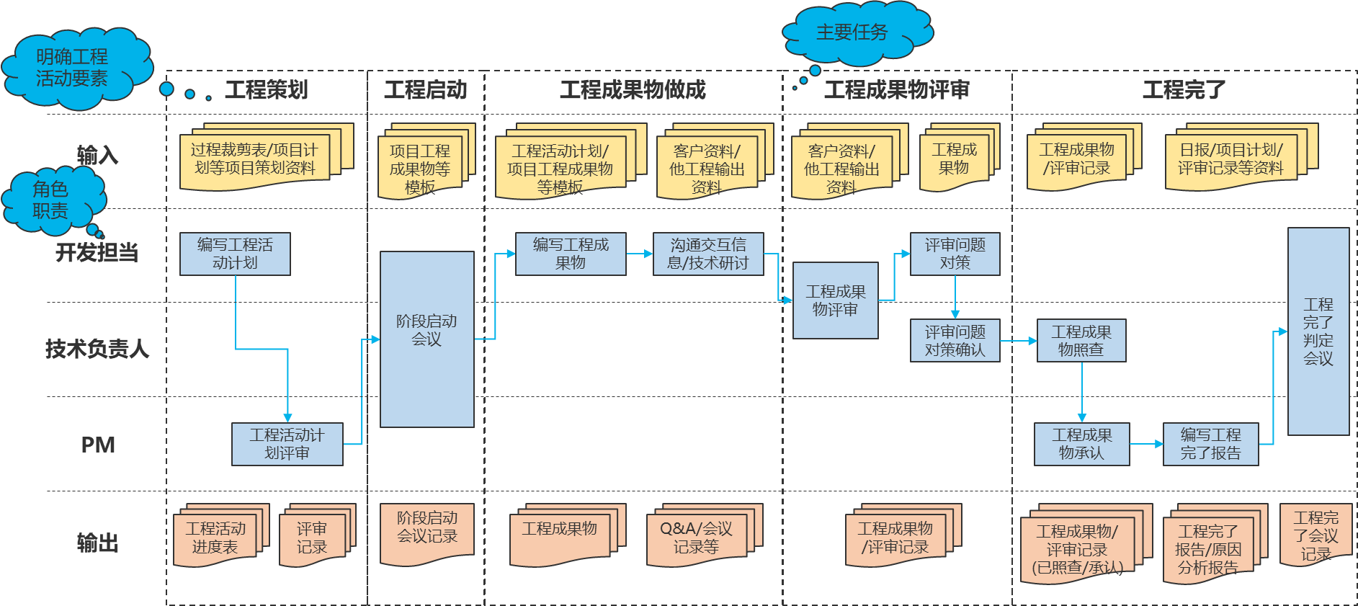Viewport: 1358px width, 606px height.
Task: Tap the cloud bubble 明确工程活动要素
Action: pyautogui.click(x=72, y=68)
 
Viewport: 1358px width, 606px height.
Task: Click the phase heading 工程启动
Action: pyautogui.click(x=425, y=90)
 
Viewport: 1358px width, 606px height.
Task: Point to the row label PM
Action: pyautogui.click(x=98, y=445)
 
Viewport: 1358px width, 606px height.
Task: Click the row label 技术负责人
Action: pyautogui.click(x=97, y=349)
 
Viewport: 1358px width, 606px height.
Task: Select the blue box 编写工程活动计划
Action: pyautogui.click(x=235, y=254)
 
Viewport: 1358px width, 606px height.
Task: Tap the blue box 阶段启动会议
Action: pyautogui.click(x=426, y=339)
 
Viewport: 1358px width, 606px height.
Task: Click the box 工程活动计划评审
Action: pyautogui.click(x=287, y=444)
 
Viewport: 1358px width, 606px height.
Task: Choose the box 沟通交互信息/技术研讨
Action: pyautogui.click(x=707, y=254)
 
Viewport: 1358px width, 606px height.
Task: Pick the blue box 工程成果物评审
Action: pyautogui.click(x=835, y=300)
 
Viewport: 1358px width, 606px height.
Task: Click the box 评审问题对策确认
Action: pyautogui.click(x=955, y=340)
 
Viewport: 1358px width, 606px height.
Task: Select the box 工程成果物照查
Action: pyautogui.click(x=1081, y=340)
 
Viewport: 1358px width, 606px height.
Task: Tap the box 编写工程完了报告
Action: pyautogui.click(x=1210, y=444)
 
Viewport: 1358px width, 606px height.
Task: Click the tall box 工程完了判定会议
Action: pyautogui.click(x=1318, y=331)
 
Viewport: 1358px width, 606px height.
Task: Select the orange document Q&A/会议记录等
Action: pyautogui.click(x=696, y=538)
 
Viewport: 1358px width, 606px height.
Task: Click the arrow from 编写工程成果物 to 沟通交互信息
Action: pyautogui.click(x=639, y=254)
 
